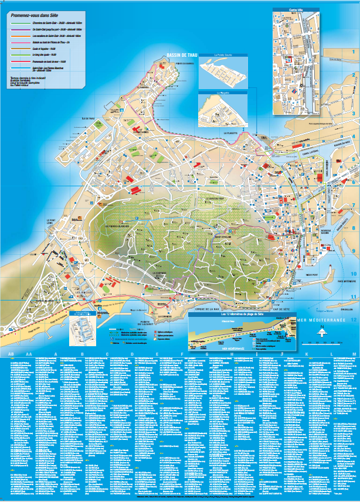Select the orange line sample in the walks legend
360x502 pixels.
pyautogui.click(x=21, y=36)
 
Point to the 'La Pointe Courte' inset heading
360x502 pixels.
pyautogui.click(x=223, y=56)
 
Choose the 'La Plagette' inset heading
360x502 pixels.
pyautogui.click(x=223, y=92)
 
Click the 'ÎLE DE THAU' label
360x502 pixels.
pyautogui.click(x=88, y=119)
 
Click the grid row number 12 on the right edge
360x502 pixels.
pyautogui.click(x=354, y=320)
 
